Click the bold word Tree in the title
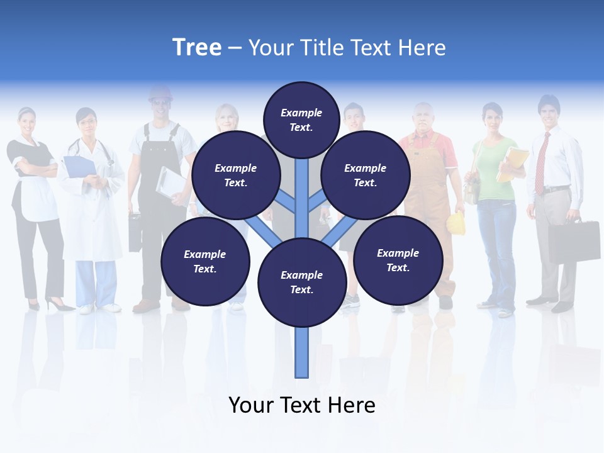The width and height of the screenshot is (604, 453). (197, 47)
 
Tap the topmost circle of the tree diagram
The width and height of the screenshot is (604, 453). (301, 120)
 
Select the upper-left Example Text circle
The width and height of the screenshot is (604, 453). (235, 175)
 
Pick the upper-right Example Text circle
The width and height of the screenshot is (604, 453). (365, 175)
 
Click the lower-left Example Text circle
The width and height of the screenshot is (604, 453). (205, 261)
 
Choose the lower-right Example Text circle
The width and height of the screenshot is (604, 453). (398, 260)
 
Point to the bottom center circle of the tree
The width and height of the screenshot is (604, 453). (302, 282)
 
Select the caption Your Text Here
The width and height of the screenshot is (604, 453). (302, 405)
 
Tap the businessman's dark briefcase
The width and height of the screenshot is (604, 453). (573, 241)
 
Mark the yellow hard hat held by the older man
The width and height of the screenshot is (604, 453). (456, 223)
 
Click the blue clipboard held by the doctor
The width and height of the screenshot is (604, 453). (79, 166)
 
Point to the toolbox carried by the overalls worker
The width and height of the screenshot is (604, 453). (135, 232)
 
